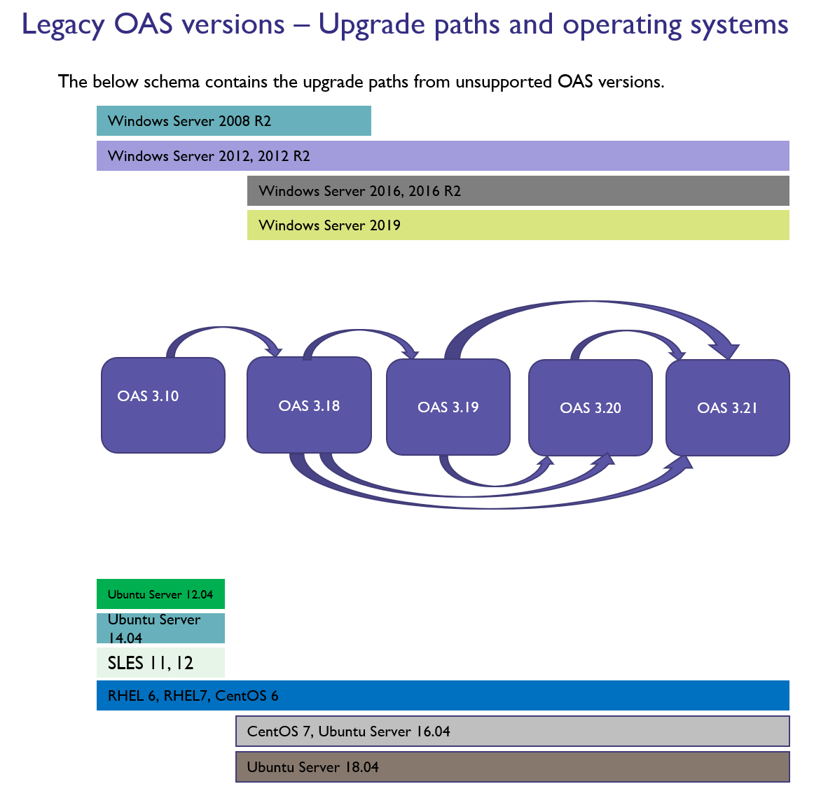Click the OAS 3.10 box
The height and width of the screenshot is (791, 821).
point(163,405)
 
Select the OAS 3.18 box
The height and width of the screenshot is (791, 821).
point(309,405)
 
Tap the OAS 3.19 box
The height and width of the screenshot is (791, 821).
point(448,407)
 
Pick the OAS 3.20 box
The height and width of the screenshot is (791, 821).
point(591,407)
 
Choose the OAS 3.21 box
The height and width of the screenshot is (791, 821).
point(728,407)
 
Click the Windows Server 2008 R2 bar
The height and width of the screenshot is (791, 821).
point(233,121)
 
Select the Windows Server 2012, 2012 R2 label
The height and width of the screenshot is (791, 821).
point(209,156)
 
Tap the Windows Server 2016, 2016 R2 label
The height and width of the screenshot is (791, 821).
point(359,191)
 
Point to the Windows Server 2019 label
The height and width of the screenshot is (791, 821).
point(329,225)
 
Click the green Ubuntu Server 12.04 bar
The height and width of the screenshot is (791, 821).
point(160,594)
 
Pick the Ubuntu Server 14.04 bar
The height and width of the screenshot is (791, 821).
point(160,629)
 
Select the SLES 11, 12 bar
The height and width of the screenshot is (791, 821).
point(160,663)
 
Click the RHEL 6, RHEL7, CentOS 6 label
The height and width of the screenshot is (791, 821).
point(193,696)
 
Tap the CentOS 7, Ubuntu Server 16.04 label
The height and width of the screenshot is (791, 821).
point(348,731)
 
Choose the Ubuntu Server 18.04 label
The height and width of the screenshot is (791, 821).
point(312,767)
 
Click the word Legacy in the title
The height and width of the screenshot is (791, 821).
point(63,25)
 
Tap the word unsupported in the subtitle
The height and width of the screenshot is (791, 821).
point(504,82)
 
